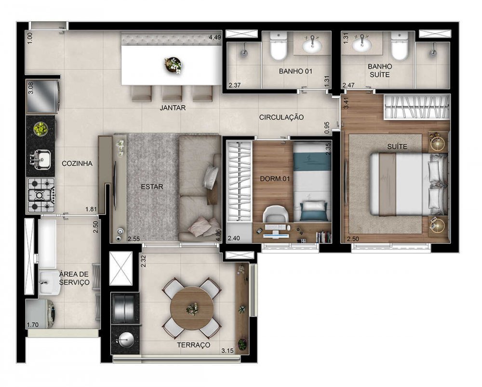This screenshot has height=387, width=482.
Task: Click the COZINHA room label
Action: click(77, 163)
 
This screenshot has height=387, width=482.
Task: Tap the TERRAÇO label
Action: click(193, 345)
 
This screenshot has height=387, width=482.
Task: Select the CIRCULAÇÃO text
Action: click(281, 117)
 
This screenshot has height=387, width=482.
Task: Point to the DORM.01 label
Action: click(275, 179)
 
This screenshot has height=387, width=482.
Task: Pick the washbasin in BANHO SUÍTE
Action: click(362, 44)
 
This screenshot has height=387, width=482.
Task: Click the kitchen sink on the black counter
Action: click(40, 159)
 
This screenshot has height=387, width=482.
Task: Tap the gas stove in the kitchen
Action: click(41, 195)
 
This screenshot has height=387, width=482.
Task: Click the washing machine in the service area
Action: click(41, 314)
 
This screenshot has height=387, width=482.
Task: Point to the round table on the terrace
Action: click(192, 307)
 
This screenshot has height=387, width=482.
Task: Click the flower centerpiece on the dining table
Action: click(173, 65)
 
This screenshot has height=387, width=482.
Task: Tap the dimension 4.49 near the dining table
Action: click(214, 38)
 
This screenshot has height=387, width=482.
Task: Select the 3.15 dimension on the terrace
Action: click(227, 350)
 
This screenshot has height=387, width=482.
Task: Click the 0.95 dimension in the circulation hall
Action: click(327, 128)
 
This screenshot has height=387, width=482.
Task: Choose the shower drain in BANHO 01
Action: click(244, 53)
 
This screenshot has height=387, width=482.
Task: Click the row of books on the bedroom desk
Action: click(323, 237)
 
